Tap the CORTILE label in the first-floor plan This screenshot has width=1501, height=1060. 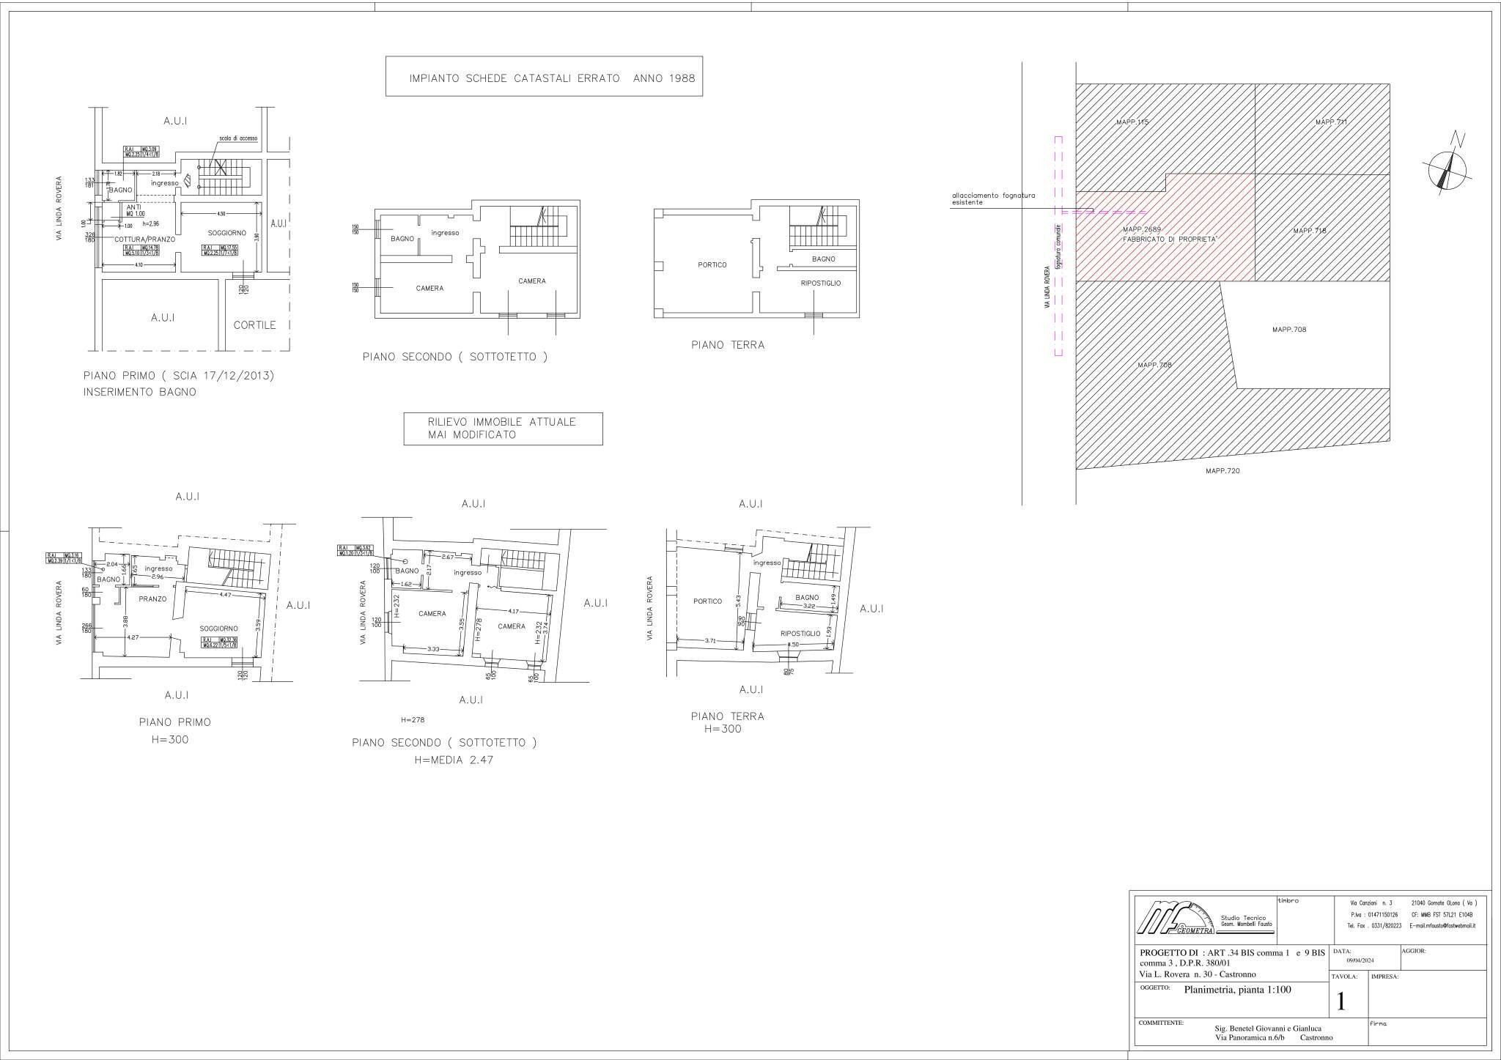click(x=254, y=325)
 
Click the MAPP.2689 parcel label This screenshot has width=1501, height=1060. click(x=1142, y=229)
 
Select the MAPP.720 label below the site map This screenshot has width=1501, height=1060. click(x=1222, y=471)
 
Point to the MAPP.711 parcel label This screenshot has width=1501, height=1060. click(x=1331, y=122)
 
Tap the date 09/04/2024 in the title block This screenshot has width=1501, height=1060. click(x=1360, y=960)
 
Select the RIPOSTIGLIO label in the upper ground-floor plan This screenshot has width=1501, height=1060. click(x=820, y=283)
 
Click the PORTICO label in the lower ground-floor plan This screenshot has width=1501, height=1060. click(x=707, y=601)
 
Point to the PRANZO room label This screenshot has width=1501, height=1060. click(x=152, y=598)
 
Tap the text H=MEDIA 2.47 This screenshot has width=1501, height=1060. click(x=454, y=760)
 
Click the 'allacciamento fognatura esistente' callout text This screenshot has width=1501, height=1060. click(x=993, y=199)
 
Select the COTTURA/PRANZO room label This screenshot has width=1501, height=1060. click(x=139, y=239)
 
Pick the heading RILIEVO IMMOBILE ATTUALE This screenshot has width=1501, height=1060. click(x=501, y=422)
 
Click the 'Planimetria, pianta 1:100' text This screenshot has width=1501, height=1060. click(x=1237, y=990)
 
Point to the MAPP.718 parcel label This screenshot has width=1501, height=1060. click(x=1309, y=231)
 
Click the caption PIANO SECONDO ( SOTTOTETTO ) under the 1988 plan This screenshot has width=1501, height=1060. click(x=454, y=357)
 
